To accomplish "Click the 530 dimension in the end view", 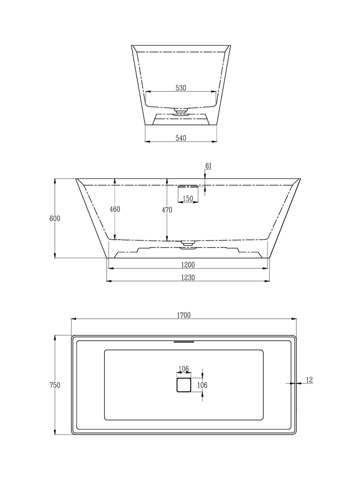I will (x=181, y=88).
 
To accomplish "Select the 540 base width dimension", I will (x=181, y=138).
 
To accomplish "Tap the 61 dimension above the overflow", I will (x=208, y=166).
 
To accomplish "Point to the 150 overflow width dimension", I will (x=188, y=198).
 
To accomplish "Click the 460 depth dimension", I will (x=115, y=209).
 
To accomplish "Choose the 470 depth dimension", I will (x=167, y=210).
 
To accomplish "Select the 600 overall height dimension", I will (x=55, y=219).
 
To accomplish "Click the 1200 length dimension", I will (x=188, y=265).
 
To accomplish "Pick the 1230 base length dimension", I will (x=188, y=277).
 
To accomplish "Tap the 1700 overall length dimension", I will (x=184, y=315).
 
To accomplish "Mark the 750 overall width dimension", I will (x=55, y=385).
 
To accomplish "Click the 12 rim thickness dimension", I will (x=309, y=380).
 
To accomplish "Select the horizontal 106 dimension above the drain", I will (x=183, y=369).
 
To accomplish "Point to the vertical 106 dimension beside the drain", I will (x=202, y=385).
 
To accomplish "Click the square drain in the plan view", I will (x=184, y=385).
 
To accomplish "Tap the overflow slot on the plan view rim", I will (x=184, y=341).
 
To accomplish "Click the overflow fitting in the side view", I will (x=188, y=186).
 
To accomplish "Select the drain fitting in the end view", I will (x=181, y=111).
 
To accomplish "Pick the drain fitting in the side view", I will (x=188, y=244).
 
